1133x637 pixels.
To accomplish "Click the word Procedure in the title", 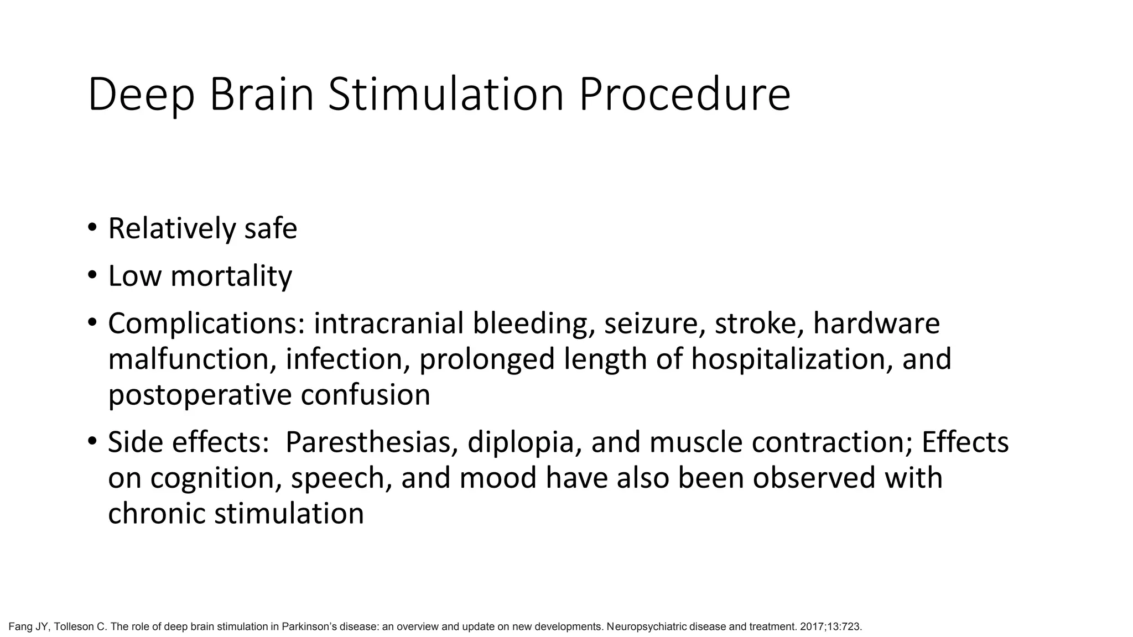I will (684, 95).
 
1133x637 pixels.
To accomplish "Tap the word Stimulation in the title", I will (446, 95).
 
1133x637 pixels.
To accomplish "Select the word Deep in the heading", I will (141, 95).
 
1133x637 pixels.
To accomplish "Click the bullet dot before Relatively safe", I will (92, 227).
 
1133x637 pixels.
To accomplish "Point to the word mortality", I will (231, 276).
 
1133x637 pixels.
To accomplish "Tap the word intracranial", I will (388, 324).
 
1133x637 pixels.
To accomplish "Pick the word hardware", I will (876, 324).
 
